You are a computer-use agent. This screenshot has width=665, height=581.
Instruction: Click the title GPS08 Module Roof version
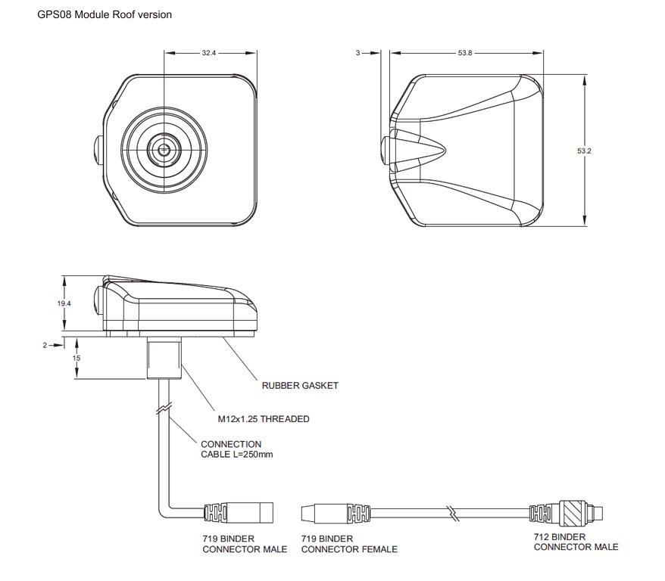point(105,14)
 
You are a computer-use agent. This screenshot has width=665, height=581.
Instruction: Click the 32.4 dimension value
point(209,54)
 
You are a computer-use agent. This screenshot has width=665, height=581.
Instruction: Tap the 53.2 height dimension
point(583,151)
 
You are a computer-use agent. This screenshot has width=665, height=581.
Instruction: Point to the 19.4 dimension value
point(64,303)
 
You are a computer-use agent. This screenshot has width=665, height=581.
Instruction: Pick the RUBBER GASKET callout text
point(300,385)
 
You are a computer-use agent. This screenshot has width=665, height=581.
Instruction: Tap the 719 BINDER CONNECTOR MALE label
point(245,543)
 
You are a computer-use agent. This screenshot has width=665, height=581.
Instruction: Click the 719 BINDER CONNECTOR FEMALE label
point(349,543)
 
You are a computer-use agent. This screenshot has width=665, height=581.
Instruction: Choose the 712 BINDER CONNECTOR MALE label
point(576,542)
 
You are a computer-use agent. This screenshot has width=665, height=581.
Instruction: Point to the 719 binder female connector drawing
point(337,514)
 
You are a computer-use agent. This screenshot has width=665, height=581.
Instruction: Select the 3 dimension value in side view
point(357,54)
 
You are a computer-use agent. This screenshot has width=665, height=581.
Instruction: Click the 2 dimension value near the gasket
point(45,345)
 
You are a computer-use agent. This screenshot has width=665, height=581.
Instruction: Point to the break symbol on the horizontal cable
point(453,514)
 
